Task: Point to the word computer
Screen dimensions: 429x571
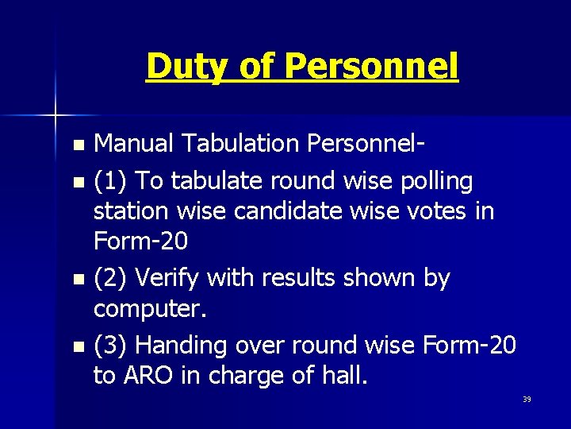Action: (x=148, y=308)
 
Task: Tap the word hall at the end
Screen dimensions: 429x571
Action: (x=347, y=375)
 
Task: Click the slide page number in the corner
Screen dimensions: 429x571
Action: (x=527, y=400)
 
